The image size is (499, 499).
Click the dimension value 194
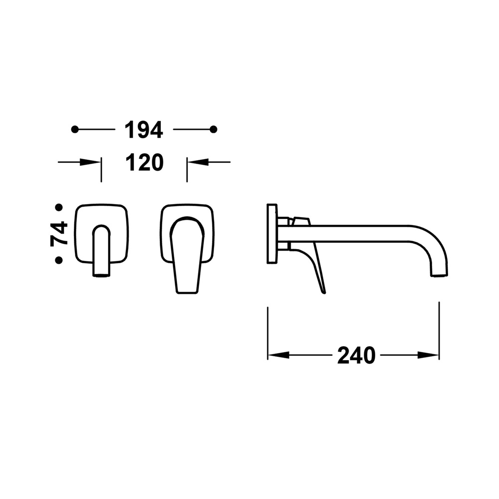tap(144, 130)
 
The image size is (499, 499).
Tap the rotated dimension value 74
tap(59, 234)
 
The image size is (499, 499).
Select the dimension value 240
tap(356, 355)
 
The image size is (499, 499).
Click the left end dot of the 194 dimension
tap(75, 130)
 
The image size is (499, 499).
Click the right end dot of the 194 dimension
tap(214, 130)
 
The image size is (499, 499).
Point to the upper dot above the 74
tap(59, 208)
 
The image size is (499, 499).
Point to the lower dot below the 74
tap(59, 260)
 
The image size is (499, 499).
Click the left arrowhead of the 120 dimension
tap(90, 162)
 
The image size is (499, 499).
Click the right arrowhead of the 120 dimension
tap(198, 162)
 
